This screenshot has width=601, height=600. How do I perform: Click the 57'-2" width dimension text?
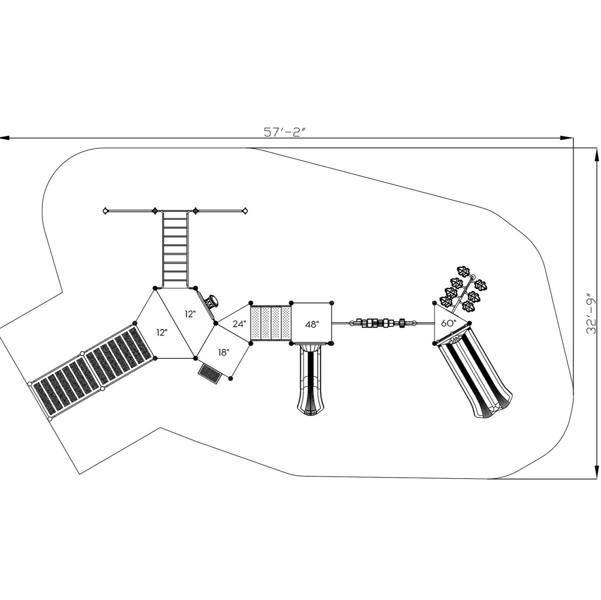[285, 132]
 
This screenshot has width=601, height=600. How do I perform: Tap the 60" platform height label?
[449, 323]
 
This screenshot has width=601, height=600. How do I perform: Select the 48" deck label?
[312, 324]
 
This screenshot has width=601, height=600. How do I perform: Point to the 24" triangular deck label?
[239, 324]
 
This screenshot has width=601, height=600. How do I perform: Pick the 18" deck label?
[224, 352]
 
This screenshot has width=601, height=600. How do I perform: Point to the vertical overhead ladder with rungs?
[175, 249]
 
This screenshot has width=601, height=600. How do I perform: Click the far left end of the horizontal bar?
[105, 211]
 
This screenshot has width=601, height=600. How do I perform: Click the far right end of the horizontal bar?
[245, 211]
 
